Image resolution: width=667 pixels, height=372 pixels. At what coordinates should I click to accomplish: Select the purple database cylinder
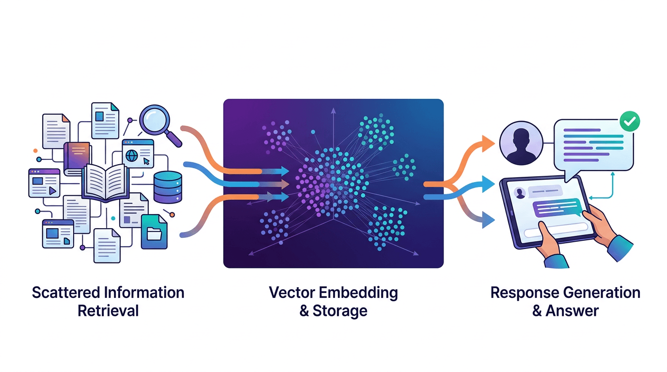tap(167, 187)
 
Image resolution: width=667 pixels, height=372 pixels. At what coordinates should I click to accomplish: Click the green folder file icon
tap(154, 232)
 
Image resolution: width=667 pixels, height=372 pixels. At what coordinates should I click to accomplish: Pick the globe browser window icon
tap(138, 154)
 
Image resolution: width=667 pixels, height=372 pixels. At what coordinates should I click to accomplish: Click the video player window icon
tap(44, 183)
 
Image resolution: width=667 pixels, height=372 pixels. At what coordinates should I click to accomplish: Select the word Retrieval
tap(108, 310)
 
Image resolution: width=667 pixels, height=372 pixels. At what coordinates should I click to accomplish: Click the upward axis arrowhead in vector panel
tap(333, 111)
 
